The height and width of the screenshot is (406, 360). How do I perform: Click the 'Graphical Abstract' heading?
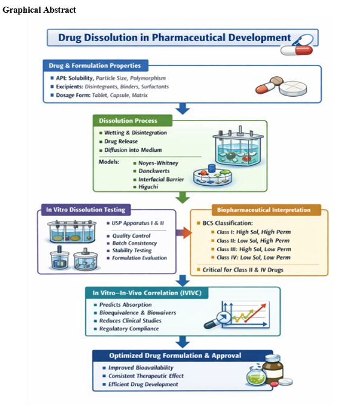coord(39,10)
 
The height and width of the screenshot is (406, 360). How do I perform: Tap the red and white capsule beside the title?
coord(296,50)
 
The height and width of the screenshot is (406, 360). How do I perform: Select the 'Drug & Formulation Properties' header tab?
coord(96,65)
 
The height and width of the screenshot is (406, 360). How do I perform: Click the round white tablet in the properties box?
coord(293,88)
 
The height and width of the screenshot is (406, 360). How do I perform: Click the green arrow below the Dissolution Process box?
coord(183,198)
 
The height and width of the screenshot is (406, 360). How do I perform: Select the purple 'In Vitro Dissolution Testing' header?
coord(86,210)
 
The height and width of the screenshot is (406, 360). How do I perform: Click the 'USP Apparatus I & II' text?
coord(137,223)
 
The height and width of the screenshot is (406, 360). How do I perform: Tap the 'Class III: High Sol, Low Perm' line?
coord(254,249)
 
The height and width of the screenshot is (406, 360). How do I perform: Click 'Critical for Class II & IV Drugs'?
coord(243,270)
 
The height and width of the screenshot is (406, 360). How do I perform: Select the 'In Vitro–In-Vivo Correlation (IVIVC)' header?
coord(147,293)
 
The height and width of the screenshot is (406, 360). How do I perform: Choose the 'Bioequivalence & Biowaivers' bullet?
coord(137,313)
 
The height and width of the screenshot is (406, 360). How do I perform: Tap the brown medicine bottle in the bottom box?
coord(273,369)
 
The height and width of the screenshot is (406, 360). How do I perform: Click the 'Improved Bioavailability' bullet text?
coord(140,368)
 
